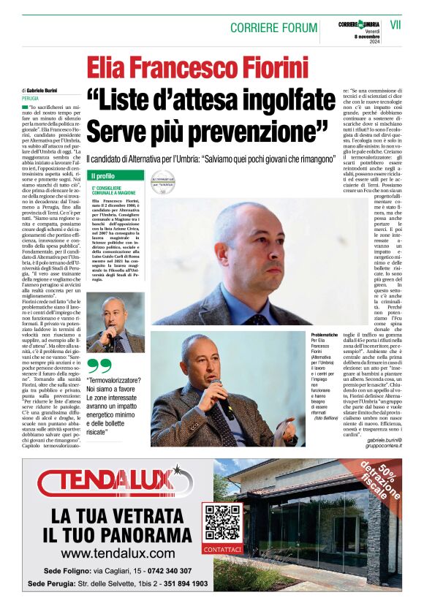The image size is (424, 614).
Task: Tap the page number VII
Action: tap(395, 25)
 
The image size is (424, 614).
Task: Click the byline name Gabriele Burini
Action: tap(45, 90)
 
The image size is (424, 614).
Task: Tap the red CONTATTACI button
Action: tap(222, 549)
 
